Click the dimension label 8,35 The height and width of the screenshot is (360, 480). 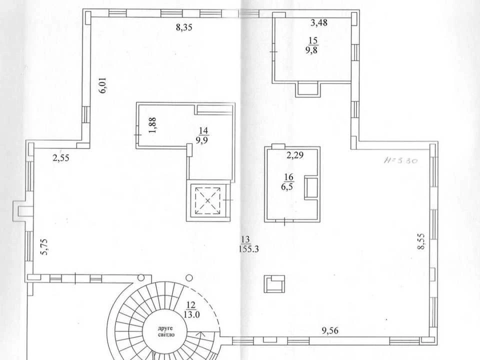point(184,27)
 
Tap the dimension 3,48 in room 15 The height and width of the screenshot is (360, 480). point(319,22)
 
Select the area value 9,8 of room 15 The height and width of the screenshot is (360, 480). point(311,50)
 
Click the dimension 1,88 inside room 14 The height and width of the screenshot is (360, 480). point(152,125)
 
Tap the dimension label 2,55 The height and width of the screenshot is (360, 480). point(61,158)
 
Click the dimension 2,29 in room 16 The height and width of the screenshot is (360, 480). point(295,155)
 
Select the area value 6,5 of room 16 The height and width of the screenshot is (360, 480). point(287,186)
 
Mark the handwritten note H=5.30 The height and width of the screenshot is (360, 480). point(400,160)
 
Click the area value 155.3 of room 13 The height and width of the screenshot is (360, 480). point(248,249)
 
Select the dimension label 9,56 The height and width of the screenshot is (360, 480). point(330,330)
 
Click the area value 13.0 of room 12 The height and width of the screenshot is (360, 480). point(192,314)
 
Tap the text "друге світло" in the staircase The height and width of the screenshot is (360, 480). point(166,331)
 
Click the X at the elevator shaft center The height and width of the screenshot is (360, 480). point(208,201)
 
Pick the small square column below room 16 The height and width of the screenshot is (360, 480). point(275,284)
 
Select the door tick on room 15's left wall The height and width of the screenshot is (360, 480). point(273,51)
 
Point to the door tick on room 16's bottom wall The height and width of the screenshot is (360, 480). point(284,221)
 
